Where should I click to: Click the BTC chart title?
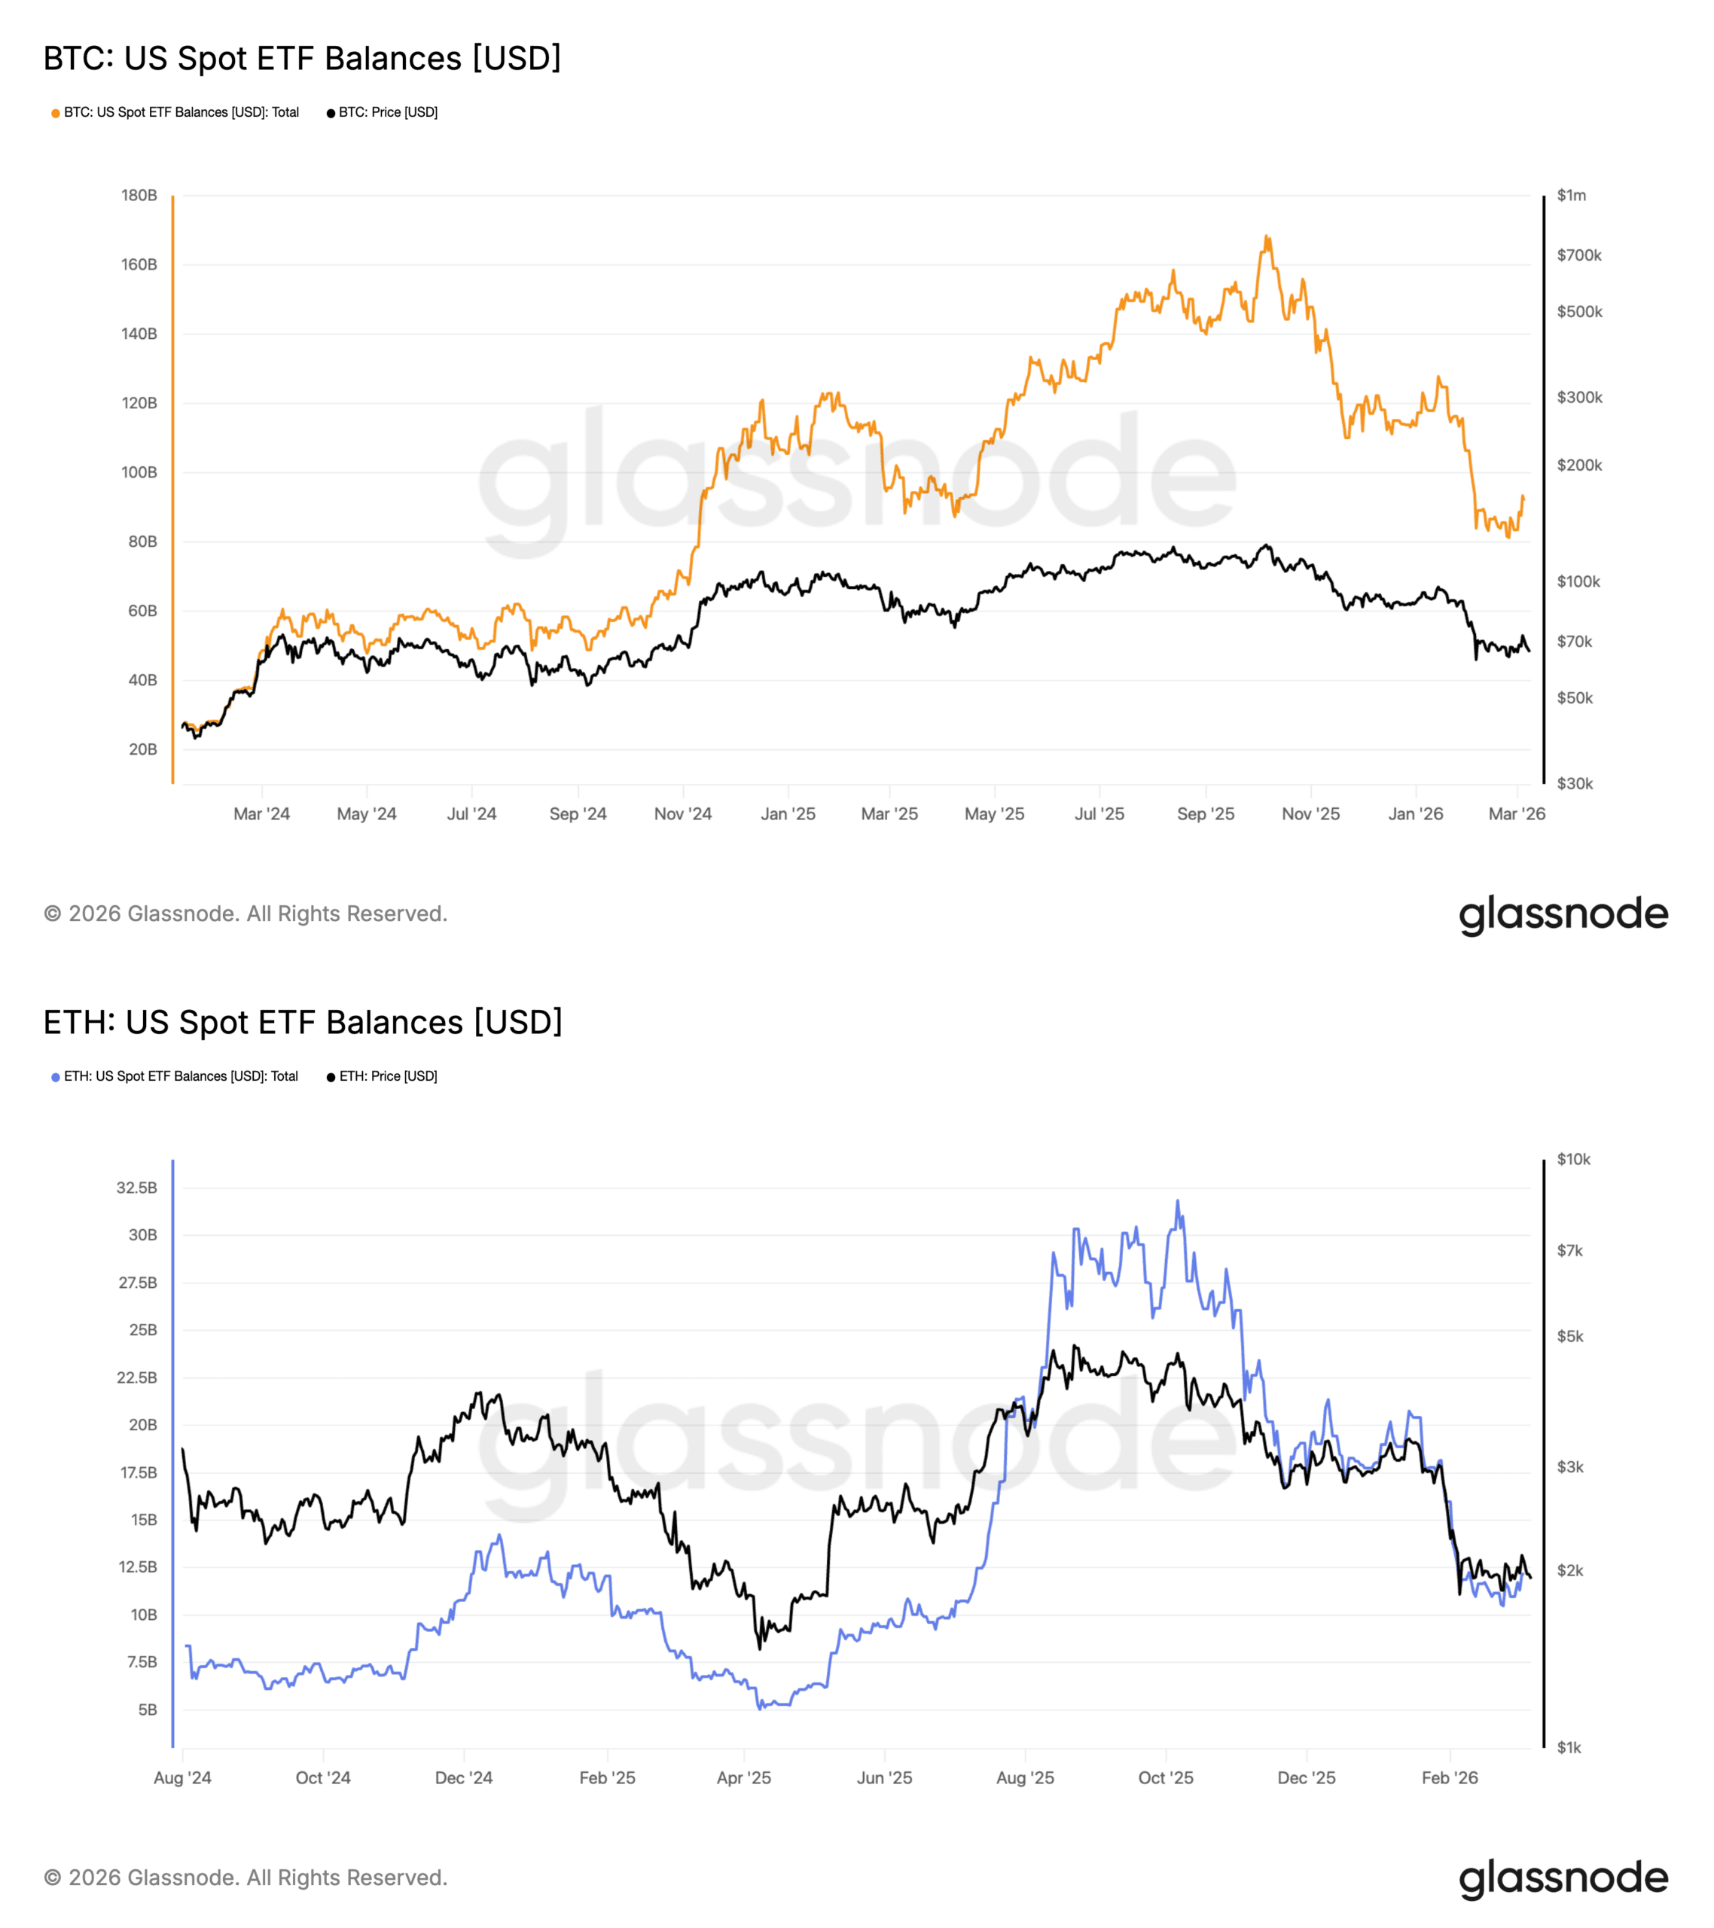[302, 59]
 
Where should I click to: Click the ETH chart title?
[303, 1023]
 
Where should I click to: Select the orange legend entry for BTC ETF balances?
[175, 112]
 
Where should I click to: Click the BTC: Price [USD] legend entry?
[383, 112]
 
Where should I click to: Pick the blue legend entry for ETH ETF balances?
[175, 1076]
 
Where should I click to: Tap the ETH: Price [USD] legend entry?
[383, 1076]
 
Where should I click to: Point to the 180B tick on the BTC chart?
[139, 195]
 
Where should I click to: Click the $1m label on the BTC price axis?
[1571, 195]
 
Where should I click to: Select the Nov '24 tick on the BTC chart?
[683, 814]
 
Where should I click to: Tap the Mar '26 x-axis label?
[1516, 814]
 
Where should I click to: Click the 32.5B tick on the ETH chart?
[137, 1188]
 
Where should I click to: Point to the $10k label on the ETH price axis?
[1572, 1159]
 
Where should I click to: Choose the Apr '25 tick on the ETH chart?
[743, 1778]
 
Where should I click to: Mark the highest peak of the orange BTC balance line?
[1267, 236]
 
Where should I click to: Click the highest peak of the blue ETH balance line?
[1177, 1202]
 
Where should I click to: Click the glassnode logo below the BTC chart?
[1563, 914]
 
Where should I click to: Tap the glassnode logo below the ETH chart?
[1563, 1878]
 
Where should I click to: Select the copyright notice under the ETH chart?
[246, 1878]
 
